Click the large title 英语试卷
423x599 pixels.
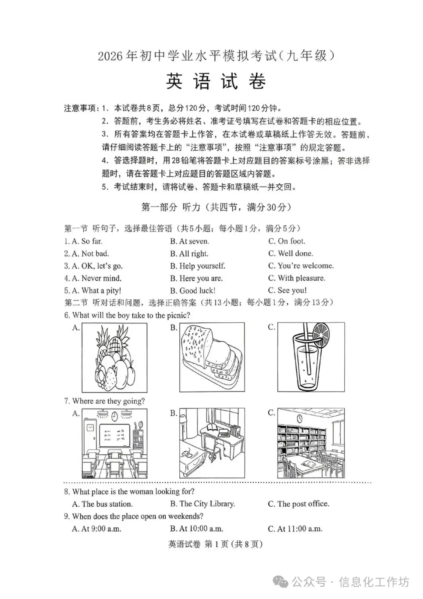click(216, 81)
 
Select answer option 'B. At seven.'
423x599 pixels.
click(190, 241)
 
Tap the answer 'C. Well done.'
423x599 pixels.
click(291, 253)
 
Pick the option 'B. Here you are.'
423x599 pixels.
click(196, 278)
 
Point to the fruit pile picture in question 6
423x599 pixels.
click(115, 358)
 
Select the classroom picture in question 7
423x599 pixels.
click(115, 443)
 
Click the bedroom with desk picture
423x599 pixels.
click(212, 443)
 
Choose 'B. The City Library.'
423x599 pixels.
click(202, 504)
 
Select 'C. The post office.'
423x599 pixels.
click(298, 504)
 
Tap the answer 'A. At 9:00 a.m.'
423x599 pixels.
click(97, 529)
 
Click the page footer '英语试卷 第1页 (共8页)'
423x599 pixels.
click(215, 544)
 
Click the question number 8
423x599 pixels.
click(67, 492)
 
